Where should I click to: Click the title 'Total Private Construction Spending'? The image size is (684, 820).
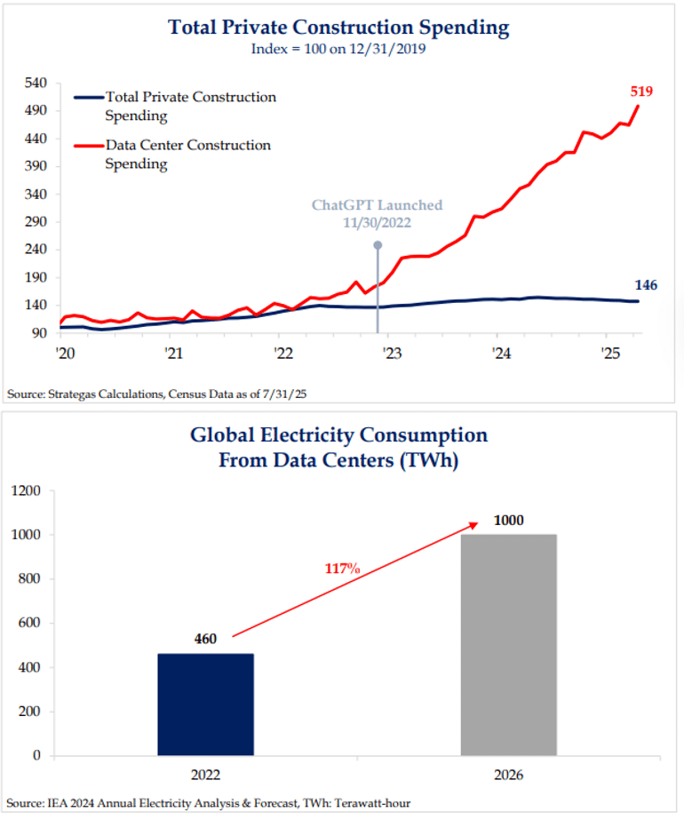[339, 28]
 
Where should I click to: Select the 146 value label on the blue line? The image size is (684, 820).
[646, 284]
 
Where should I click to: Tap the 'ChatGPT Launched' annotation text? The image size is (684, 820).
[377, 205]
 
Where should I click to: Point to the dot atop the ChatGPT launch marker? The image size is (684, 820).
[378, 245]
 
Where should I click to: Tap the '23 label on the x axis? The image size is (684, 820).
[391, 353]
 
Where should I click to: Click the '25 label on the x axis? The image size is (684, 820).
[609, 353]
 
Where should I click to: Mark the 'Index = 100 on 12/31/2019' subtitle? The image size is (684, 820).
[339, 50]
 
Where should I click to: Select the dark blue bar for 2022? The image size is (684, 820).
[206, 705]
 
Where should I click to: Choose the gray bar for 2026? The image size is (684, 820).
[508, 645]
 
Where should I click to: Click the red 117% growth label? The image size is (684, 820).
[340, 568]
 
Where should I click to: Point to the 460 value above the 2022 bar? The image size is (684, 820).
[206, 639]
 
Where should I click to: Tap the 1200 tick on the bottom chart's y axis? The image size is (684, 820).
[26, 490]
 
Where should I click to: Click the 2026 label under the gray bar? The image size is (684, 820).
[508, 776]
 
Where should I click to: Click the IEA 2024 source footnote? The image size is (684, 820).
[210, 804]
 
